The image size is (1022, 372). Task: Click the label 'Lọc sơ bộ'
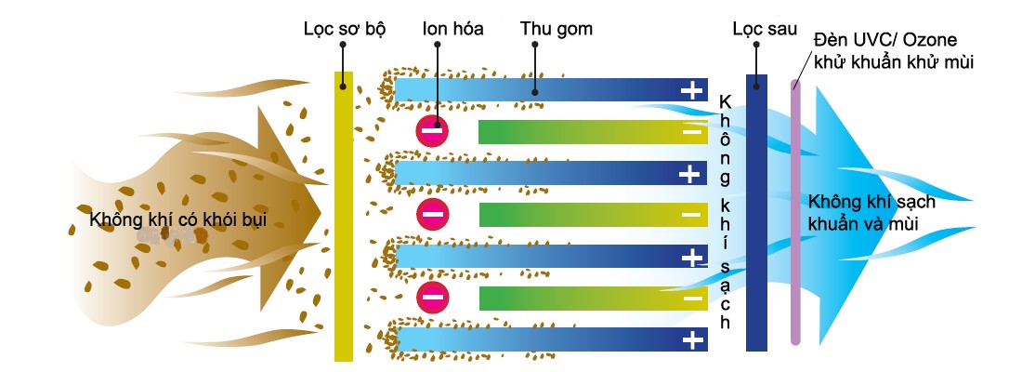pyautogui.click(x=344, y=29)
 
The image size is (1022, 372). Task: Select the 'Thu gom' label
pyautogui.click(x=557, y=29)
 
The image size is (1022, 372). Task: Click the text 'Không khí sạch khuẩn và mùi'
pyautogui.click(x=871, y=211)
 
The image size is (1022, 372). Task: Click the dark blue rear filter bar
pyautogui.click(x=757, y=214)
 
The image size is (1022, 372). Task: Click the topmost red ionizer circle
pyautogui.click(x=432, y=131)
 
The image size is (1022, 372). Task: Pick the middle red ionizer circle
pyautogui.click(x=432, y=215)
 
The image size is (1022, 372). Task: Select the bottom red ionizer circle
pyautogui.click(x=432, y=298)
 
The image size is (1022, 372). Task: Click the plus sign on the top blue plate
pyautogui.click(x=692, y=90)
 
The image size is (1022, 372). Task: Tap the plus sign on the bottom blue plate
pyautogui.click(x=692, y=339)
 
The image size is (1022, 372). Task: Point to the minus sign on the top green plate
pyautogui.click(x=692, y=132)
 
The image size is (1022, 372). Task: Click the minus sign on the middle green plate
pyautogui.click(x=692, y=215)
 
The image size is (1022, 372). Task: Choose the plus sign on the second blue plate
pyautogui.click(x=692, y=173)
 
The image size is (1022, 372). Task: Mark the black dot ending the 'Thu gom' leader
pyautogui.click(x=536, y=91)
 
